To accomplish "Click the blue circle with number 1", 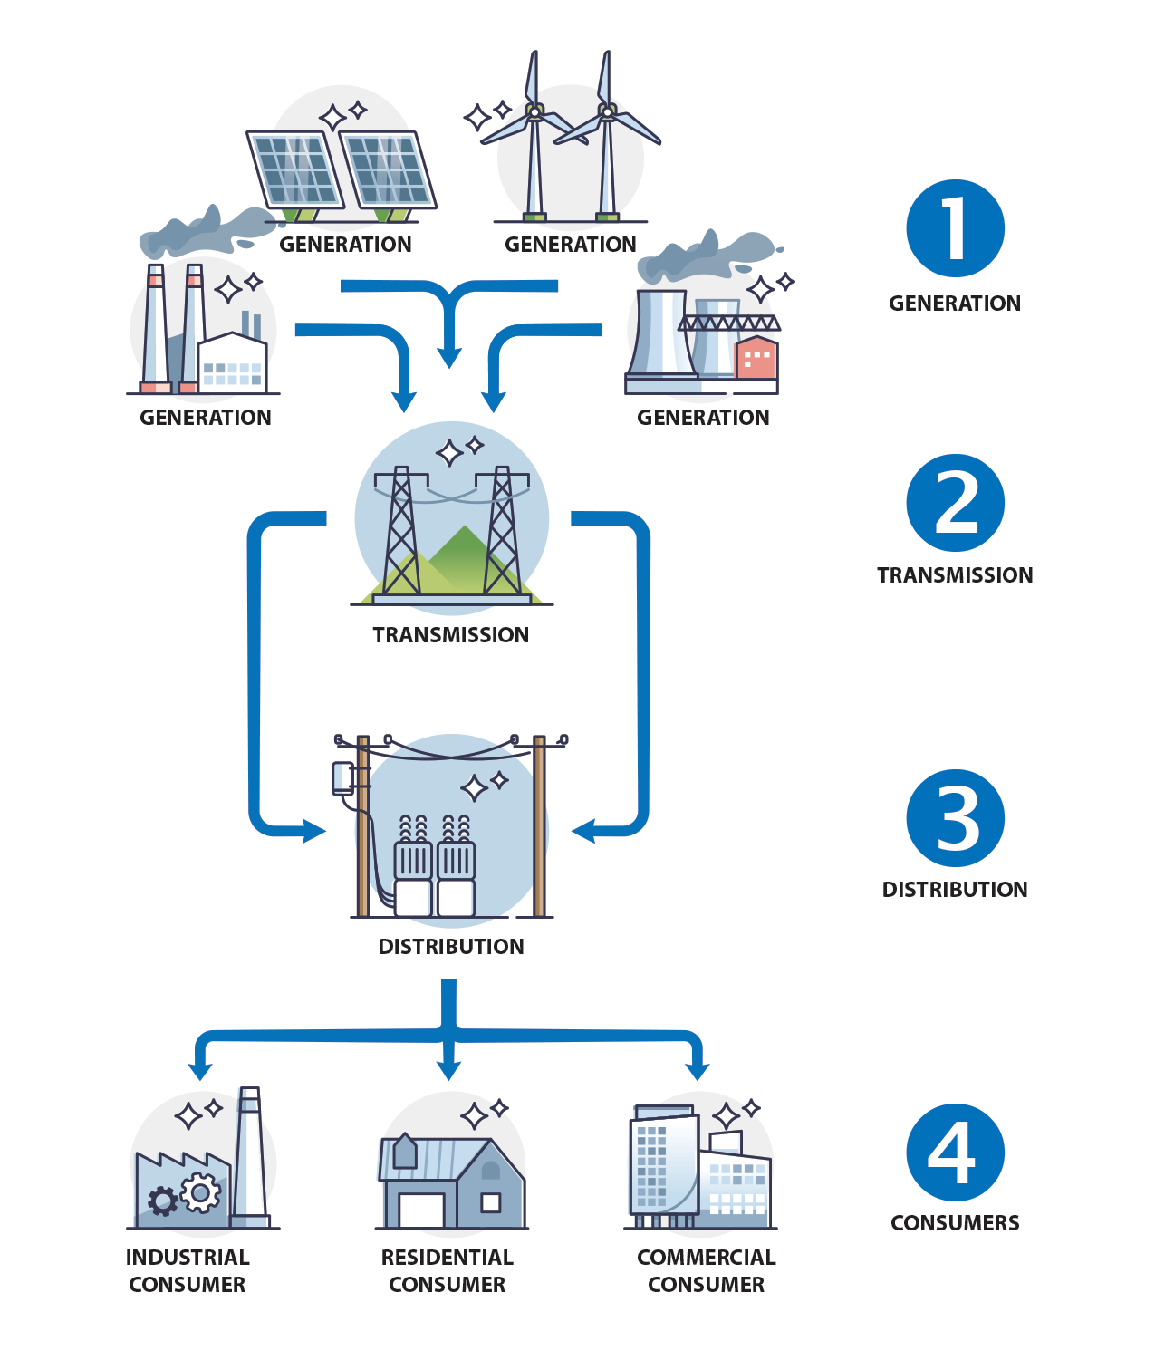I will [955, 228].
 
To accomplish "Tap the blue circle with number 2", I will [955, 503].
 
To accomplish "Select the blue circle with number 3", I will [955, 818].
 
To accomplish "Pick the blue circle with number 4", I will [955, 1152].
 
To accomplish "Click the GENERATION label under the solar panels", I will [345, 245].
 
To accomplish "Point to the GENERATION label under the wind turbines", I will [570, 245].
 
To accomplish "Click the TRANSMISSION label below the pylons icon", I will [450, 635].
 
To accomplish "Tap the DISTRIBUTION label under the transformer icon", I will [450, 947].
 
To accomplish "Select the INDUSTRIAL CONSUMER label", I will [188, 1270].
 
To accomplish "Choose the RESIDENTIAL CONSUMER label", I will [447, 1270].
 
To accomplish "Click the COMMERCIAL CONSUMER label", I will [706, 1270].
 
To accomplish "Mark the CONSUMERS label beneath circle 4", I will [955, 1223].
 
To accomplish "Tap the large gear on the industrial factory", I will [200, 1192].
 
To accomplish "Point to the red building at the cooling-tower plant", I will [756, 358].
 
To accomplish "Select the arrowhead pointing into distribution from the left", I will [313, 831].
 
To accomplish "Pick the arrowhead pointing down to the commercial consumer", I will [697, 1072].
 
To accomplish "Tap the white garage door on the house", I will [421, 1210].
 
